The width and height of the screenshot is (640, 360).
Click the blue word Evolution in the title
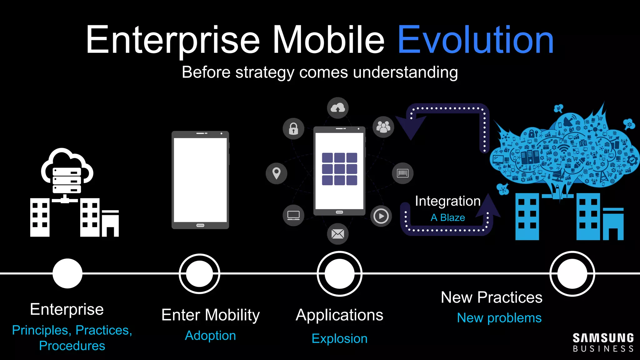475,40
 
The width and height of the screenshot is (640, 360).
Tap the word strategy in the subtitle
264,73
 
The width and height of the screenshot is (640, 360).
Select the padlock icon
293,129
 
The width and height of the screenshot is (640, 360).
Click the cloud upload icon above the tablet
337,108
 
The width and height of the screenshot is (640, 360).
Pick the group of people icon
383,127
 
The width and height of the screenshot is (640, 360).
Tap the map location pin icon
276,173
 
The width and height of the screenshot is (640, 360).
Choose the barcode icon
402,173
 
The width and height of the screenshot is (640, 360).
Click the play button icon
381,216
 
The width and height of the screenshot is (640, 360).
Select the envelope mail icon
337,234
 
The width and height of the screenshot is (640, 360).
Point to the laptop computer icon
293,215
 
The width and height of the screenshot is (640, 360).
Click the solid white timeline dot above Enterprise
67,273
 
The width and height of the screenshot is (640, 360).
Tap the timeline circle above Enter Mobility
199,274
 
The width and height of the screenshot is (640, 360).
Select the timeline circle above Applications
339,274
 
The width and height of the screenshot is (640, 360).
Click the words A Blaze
447,217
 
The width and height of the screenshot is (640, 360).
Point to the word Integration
447,201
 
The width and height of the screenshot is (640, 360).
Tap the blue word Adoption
210,336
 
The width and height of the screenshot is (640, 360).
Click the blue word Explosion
339,339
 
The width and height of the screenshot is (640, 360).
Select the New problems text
499,318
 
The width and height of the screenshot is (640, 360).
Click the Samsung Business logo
603,342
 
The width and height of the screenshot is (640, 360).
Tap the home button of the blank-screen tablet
200,225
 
